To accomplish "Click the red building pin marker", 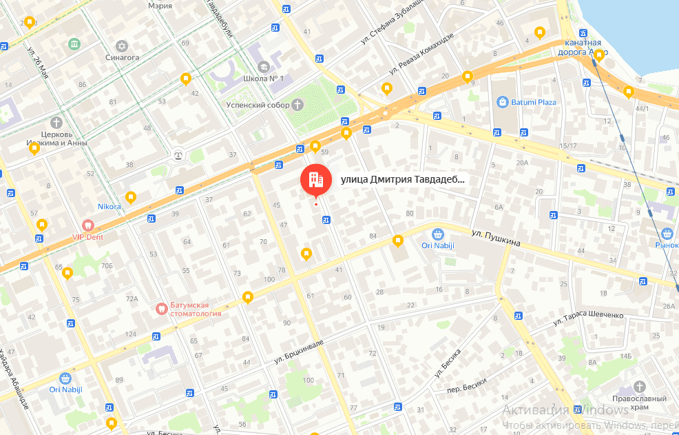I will pyautogui.click(x=315, y=180).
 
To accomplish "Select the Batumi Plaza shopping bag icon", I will pyautogui.click(x=503, y=102).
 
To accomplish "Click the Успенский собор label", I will pyautogui.click(x=258, y=105).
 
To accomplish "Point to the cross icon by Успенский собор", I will pyautogui.click(x=297, y=105).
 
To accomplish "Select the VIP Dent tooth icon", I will pyautogui.click(x=87, y=225).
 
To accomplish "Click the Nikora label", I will pyautogui.click(x=109, y=206).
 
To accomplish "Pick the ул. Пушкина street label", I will pyautogui.click(x=496, y=239).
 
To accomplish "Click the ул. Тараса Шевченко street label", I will pyautogui.click(x=589, y=318).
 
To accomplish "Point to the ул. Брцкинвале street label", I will pyautogui.click(x=298, y=351).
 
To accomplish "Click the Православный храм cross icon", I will pyautogui.click(x=640, y=387).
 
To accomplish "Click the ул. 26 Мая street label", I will pyautogui.click(x=38, y=61).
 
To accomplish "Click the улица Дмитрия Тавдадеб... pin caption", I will pyautogui.click(x=403, y=180).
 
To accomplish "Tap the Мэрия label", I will pyautogui.click(x=160, y=5).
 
